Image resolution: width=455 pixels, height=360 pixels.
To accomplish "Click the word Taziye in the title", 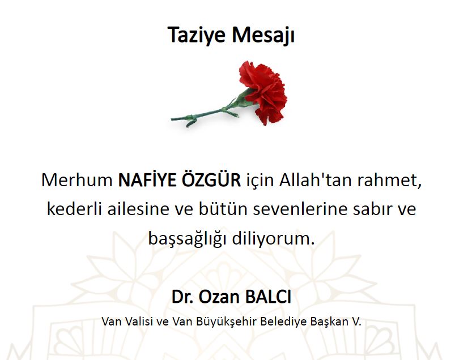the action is click(197, 35).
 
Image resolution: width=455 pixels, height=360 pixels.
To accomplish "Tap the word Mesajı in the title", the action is click(263, 35).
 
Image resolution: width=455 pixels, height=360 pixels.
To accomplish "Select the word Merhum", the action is click(77, 180).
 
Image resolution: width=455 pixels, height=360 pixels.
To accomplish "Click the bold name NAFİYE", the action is click(147, 179).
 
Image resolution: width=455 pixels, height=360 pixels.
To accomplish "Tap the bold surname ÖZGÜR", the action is click(211, 179).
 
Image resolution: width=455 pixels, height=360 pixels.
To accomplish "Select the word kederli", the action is click(74, 209).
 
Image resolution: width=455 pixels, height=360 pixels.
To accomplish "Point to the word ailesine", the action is click(138, 209).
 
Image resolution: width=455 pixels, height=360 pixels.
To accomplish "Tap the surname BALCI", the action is click(268, 297).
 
